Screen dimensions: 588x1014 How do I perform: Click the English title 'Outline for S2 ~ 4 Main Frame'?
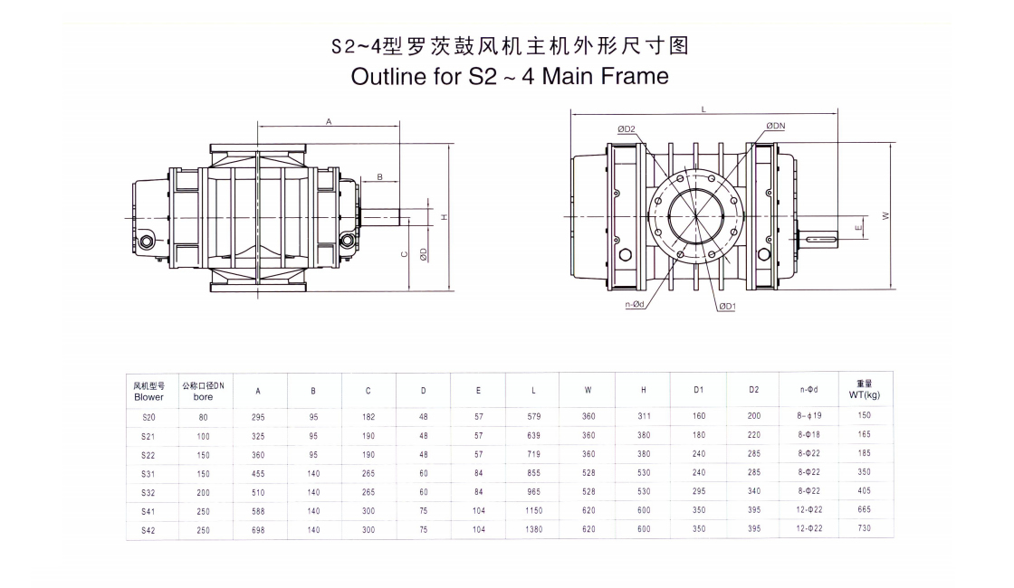510,76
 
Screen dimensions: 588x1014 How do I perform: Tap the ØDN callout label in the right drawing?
775,126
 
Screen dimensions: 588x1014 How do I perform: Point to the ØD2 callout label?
627,128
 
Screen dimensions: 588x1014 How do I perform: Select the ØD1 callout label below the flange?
727,307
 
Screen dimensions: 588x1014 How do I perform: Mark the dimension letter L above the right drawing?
704,109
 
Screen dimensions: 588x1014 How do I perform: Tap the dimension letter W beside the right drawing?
885,215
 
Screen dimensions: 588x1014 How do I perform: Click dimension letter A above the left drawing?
329,120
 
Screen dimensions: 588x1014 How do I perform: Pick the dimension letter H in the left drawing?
444,217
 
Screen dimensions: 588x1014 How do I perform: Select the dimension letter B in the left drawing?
379,176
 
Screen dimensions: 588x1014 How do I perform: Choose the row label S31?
148,473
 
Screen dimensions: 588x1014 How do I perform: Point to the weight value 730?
864,528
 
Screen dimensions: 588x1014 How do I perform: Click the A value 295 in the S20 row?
258,417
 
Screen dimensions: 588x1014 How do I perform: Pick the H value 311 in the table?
644,416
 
